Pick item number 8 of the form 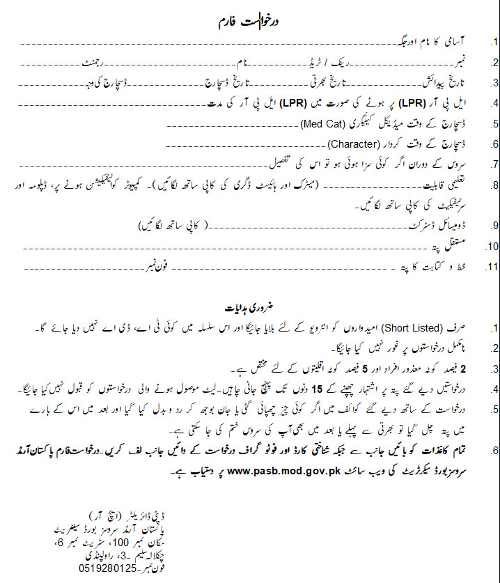494,187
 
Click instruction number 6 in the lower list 494,452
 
